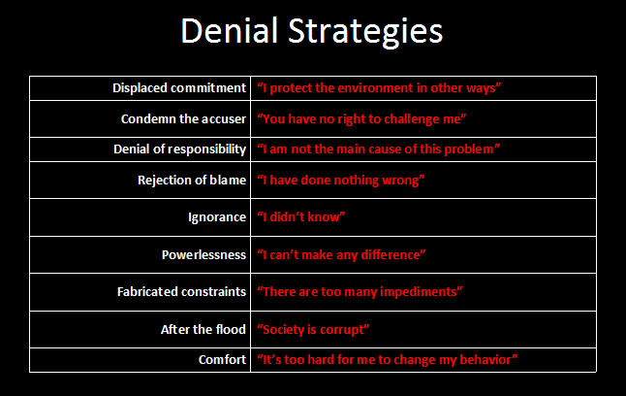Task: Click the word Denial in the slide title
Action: point(229,30)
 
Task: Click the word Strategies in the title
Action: point(365,32)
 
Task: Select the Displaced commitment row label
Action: point(179,87)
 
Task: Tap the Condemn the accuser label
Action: point(183,118)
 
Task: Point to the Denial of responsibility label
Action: point(179,149)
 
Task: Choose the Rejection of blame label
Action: point(192,180)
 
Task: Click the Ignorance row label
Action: point(217,217)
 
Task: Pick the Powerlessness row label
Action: point(203,255)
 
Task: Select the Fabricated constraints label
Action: point(181,291)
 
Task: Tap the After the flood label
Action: point(203,329)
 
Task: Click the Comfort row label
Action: point(222,359)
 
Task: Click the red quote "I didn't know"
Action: point(301,216)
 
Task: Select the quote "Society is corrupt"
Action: point(313,330)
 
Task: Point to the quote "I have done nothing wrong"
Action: point(340,181)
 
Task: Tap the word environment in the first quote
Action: point(375,87)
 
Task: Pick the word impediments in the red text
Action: point(418,292)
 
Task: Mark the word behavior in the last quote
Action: point(485,359)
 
